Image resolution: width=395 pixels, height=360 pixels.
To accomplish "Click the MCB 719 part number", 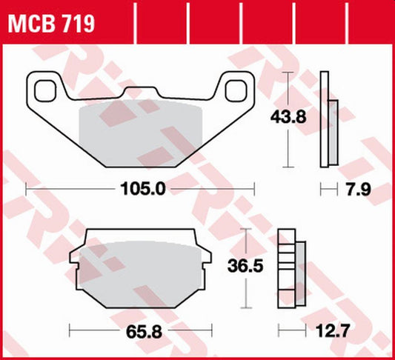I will tap(51, 25).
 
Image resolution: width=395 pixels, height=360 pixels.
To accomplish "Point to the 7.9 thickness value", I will tap(356, 191).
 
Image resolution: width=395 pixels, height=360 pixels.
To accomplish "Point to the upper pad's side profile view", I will tap(328, 119).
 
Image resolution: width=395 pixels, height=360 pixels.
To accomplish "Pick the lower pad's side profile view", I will tap(290, 267).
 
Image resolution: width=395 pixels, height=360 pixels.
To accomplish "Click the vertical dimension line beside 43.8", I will tap(288, 119).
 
